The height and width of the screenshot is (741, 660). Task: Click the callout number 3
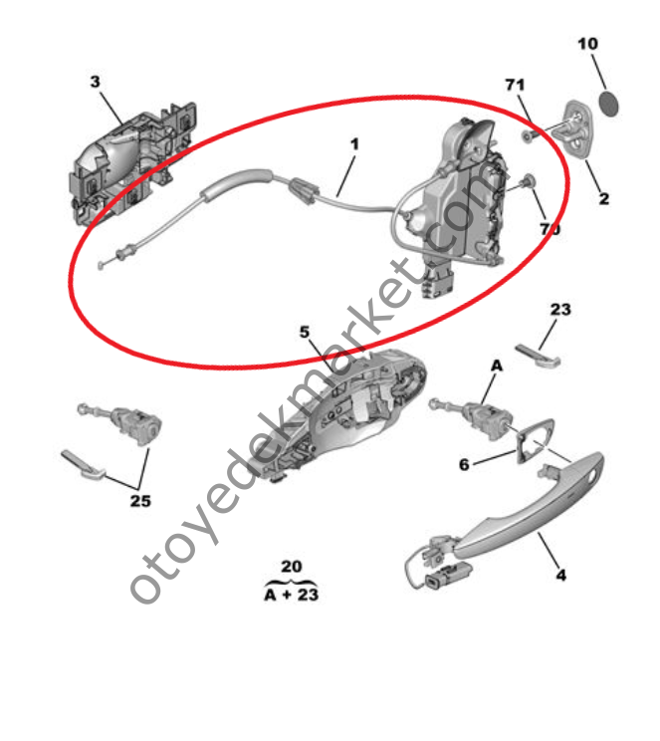pyautogui.click(x=95, y=82)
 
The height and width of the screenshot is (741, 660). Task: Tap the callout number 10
pyautogui.click(x=587, y=44)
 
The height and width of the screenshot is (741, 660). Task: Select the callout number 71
pyautogui.click(x=515, y=85)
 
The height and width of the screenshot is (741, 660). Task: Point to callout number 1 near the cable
pyautogui.click(x=354, y=143)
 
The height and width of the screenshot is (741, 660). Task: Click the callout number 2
pyautogui.click(x=604, y=199)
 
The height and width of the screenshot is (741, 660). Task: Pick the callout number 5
pyautogui.click(x=305, y=333)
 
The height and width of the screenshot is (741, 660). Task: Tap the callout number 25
pyautogui.click(x=140, y=501)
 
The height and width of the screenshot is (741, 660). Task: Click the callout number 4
pyautogui.click(x=560, y=575)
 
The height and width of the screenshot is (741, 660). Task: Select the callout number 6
pyautogui.click(x=465, y=464)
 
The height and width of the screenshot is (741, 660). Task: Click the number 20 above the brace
pyautogui.click(x=292, y=566)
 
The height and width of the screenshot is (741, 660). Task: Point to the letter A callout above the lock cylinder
pyautogui.click(x=497, y=366)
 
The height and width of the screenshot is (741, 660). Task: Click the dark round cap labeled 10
pyautogui.click(x=609, y=103)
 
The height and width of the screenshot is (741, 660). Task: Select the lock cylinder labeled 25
pyautogui.click(x=123, y=423)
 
